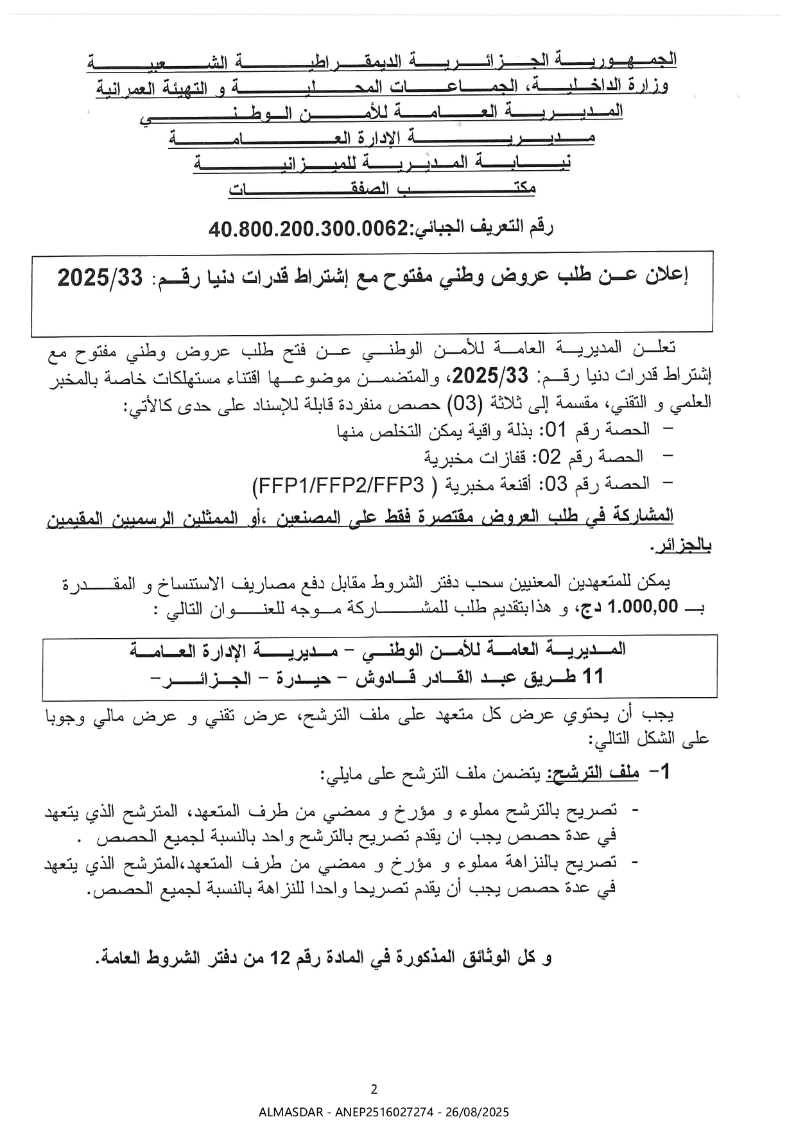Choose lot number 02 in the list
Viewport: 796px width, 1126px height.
[x=549, y=457]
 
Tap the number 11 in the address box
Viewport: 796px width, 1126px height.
[x=591, y=677]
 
